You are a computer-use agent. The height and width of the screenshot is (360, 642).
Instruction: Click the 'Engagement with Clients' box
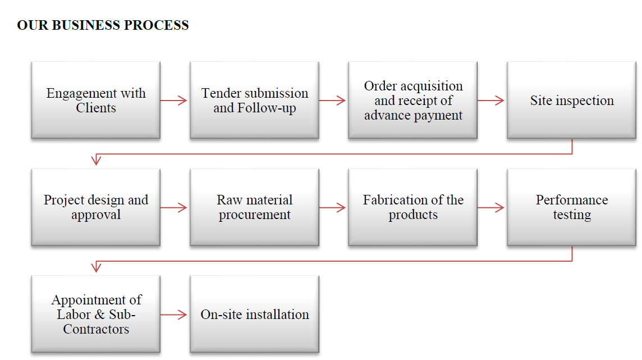[96, 100]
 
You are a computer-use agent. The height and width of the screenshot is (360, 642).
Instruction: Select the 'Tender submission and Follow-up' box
[254, 100]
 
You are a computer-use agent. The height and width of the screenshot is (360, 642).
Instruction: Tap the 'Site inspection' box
[572, 100]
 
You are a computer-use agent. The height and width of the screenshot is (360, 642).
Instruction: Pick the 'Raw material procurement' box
[254, 207]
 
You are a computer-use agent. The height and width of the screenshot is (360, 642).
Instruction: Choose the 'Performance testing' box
[572, 207]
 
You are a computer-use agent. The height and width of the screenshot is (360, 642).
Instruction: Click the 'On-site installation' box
[254, 314]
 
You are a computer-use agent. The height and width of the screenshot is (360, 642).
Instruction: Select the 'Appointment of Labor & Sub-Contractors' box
[96, 314]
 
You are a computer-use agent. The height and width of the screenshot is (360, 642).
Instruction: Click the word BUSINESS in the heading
[86, 25]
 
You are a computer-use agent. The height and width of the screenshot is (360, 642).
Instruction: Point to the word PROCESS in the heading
[156, 25]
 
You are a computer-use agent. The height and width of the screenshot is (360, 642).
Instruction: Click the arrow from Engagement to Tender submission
[173, 101]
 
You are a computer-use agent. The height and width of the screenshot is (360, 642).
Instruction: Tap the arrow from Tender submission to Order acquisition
[332, 101]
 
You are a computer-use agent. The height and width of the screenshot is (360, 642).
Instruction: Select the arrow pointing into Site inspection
[490, 101]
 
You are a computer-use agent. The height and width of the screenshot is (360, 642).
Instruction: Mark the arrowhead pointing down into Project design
[96, 160]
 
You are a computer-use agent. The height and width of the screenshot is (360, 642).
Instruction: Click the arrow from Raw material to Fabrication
[332, 208]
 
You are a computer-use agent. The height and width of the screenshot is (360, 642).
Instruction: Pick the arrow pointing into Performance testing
[490, 208]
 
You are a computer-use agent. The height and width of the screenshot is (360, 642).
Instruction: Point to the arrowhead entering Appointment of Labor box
[96, 267]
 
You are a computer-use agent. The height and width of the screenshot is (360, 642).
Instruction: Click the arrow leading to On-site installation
[173, 315]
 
